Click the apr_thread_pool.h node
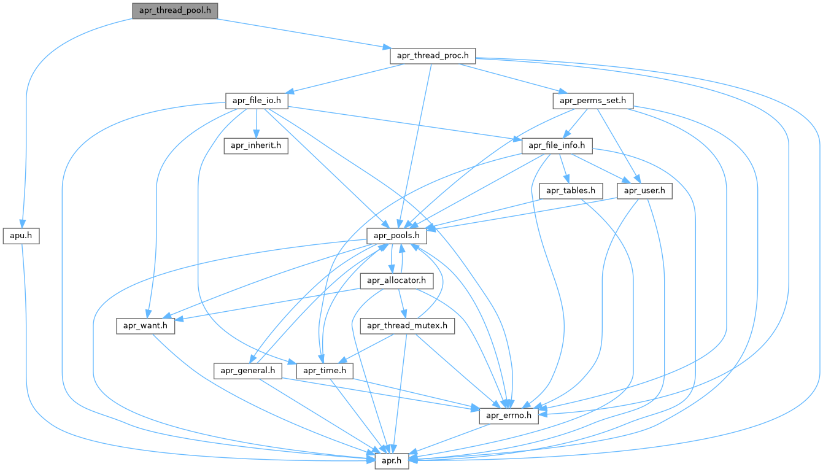point(175,10)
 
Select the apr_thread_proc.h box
point(433,55)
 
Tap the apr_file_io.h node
point(257,100)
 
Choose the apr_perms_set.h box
point(593,100)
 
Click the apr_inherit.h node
point(255,146)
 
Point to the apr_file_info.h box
point(557,146)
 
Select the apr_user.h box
point(644,191)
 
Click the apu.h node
point(21,235)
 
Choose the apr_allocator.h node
point(396,280)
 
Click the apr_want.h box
point(145,325)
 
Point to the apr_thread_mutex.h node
point(408,325)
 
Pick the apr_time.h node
point(325,371)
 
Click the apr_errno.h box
point(508,416)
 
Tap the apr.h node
point(391,460)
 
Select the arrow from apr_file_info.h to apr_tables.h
point(563,168)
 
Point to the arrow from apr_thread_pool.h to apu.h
point(28,123)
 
